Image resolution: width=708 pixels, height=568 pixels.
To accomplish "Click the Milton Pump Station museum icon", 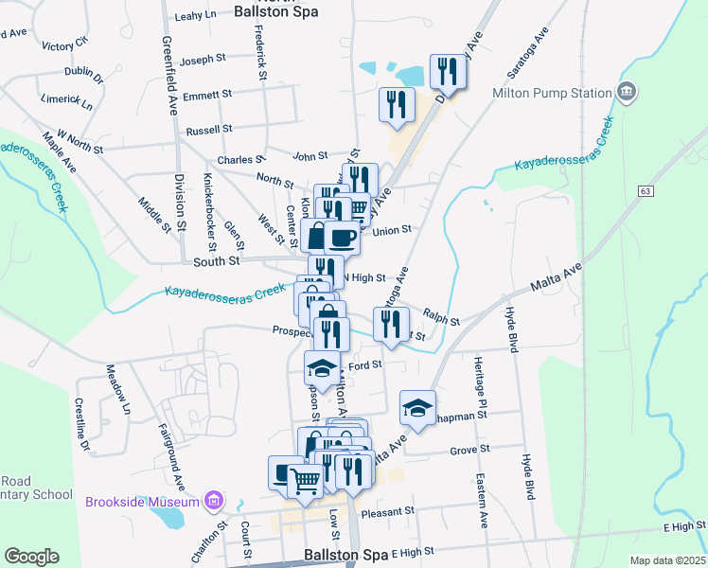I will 626,93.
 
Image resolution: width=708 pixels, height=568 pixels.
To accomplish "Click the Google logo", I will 31,557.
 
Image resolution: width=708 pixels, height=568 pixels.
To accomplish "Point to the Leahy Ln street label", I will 197,16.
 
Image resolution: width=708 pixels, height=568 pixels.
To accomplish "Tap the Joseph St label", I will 203,60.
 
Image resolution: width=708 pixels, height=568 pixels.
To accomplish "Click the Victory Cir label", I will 64,45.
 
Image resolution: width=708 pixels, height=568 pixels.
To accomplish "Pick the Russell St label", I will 209,129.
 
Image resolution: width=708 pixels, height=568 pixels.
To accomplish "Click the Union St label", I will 392,230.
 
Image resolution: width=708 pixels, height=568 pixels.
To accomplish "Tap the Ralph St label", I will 441,322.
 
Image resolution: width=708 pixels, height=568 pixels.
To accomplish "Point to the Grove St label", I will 469,451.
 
